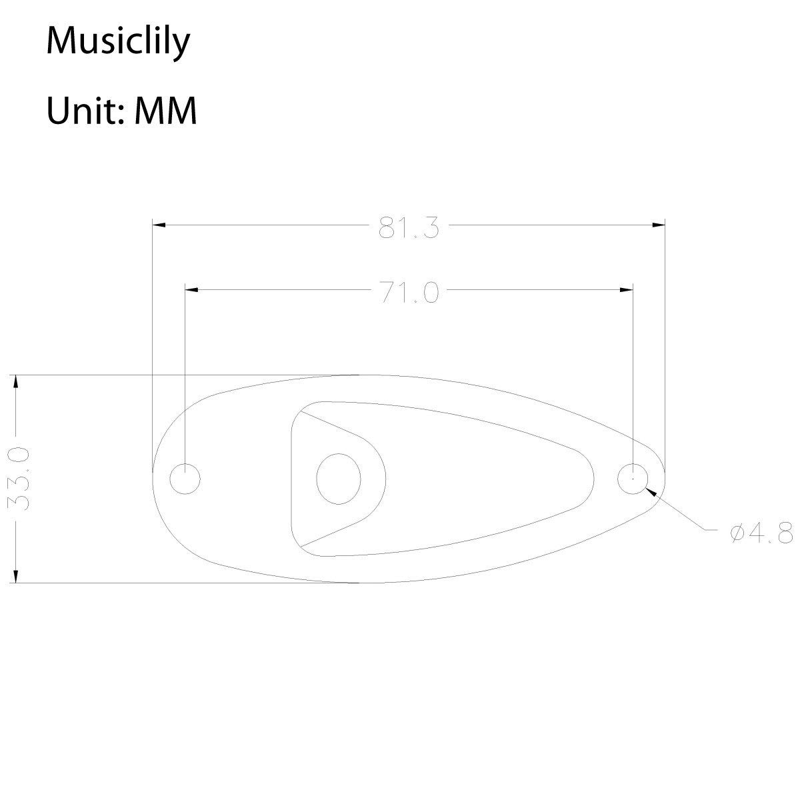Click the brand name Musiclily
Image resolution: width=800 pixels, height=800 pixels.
(x=118, y=43)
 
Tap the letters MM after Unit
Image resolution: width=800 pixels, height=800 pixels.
(x=166, y=111)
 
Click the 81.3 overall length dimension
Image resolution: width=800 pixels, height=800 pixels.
(x=409, y=228)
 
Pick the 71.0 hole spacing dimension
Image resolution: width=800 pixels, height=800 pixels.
(x=409, y=293)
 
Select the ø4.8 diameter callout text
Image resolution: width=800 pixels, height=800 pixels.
(x=760, y=533)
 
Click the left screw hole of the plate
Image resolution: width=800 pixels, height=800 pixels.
(x=185, y=479)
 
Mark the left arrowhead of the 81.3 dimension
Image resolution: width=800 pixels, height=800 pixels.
(x=159, y=225)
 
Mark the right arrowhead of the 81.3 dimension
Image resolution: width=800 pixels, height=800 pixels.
(x=659, y=225)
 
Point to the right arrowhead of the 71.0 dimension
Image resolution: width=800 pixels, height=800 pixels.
(x=626, y=290)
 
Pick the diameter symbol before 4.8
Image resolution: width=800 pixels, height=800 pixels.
(x=737, y=533)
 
